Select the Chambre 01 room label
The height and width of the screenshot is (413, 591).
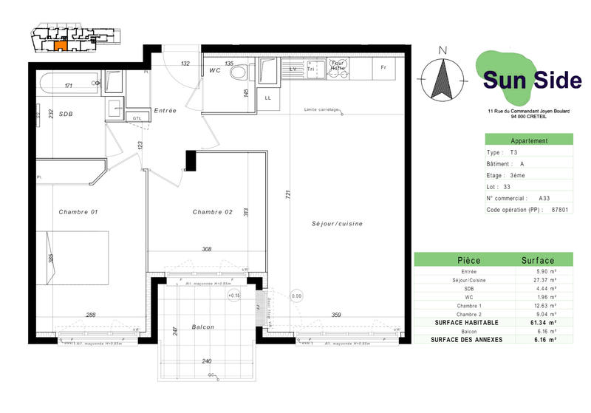pos(78,212)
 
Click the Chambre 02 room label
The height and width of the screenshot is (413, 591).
pos(212,212)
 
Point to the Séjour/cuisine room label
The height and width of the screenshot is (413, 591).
pos(337,223)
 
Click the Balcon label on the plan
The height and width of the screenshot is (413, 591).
pos(202,327)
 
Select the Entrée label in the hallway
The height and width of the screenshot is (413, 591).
pos(165,111)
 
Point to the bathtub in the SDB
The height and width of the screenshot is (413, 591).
pos(70,81)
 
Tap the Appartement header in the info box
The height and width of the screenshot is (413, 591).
pos(529,140)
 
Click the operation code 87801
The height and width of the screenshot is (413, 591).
pos(560,209)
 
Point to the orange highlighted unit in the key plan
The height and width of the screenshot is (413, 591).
pos(61,45)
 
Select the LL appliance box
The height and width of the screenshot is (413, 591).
pos(267,98)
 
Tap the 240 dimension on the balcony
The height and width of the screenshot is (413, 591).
pos(206,361)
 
